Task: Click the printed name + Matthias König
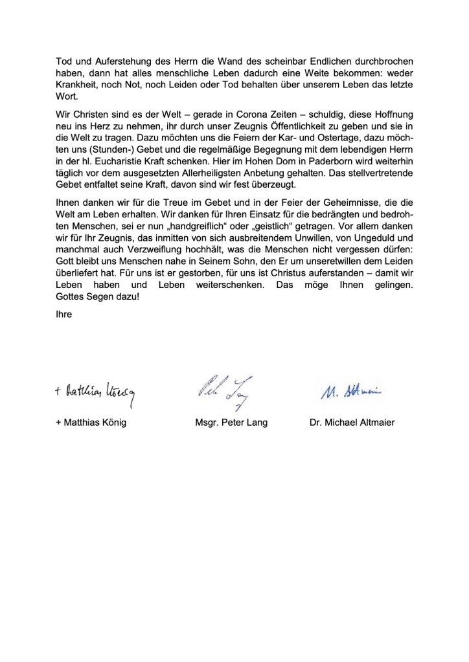point(93,423)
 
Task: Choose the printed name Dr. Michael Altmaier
point(352,423)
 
